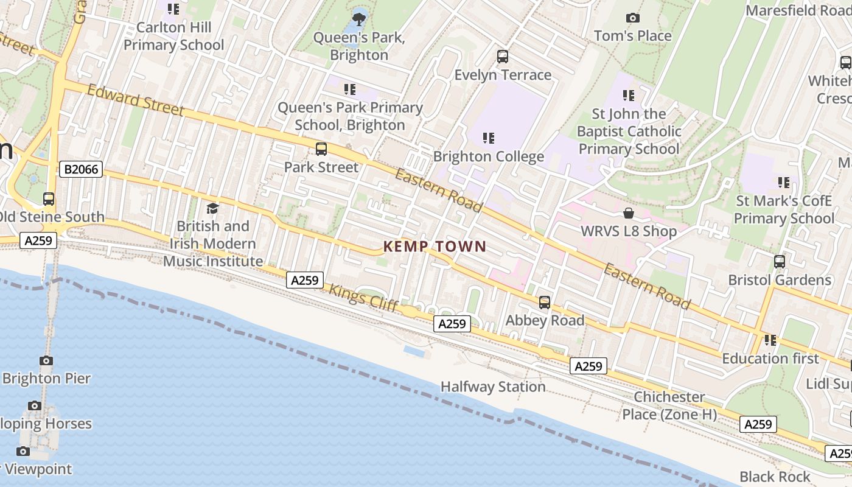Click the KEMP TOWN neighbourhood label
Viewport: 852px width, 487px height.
pos(435,247)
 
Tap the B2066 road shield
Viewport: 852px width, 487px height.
pos(80,169)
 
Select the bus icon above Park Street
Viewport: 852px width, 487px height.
pos(321,149)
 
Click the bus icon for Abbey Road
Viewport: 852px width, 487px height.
pos(544,303)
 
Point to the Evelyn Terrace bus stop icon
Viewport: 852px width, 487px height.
pos(502,57)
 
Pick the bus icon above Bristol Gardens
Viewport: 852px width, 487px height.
pos(779,262)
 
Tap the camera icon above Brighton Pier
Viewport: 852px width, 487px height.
pos(46,360)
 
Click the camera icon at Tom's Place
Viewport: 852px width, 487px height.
pos(632,18)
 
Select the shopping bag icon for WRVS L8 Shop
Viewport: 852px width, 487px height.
pos(628,214)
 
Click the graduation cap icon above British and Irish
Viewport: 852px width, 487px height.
pos(212,209)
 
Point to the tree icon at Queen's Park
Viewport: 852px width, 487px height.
pos(359,19)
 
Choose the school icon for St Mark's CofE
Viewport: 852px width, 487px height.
pos(783,182)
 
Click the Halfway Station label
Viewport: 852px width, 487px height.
pos(492,387)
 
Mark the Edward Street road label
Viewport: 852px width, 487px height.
pos(135,100)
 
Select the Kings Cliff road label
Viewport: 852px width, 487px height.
pos(364,298)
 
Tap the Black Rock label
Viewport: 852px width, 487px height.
pos(775,477)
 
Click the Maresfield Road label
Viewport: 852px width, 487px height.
pos(798,11)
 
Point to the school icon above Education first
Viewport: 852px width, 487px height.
pos(770,340)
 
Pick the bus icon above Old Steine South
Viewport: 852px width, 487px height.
pos(48,199)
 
